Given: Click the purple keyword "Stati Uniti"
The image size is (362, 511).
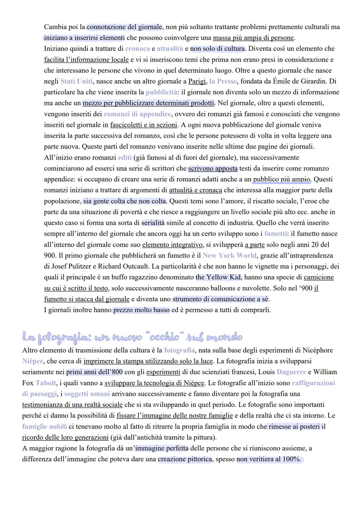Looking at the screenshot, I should coord(76,81).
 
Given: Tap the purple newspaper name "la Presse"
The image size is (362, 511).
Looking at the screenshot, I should coord(223,81).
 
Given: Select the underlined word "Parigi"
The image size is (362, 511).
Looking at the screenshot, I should coord(197,81).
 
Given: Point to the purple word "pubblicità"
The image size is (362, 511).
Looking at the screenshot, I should coord(162,92).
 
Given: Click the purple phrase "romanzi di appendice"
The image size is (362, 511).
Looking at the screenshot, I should coord(137,114).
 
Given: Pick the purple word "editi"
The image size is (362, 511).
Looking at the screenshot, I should coord(125,158).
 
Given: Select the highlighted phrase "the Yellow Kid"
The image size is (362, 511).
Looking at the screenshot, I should coord(218,277).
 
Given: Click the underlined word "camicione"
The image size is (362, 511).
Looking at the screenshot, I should coord(318,277).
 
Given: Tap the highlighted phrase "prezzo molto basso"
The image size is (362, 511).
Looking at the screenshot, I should coord(141,310).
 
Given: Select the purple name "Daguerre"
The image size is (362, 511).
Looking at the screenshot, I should coord(291,372).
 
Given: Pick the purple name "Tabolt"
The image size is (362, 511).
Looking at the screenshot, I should coord(46,383).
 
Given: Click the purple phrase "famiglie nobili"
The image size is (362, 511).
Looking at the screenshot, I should coord(44,427).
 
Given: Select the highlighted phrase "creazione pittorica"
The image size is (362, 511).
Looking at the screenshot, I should coord(185,459).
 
